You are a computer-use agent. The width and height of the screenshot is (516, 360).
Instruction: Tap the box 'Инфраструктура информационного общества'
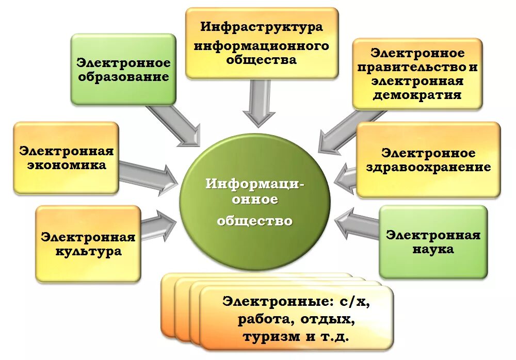point(262,43)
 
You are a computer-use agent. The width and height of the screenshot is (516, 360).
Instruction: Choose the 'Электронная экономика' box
point(66,158)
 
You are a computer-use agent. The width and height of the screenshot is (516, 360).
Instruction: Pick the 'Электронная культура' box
point(88,243)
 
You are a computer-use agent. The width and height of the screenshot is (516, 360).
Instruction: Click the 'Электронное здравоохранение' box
point(428,160)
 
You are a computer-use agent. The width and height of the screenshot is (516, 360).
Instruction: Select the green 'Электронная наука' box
point(433,242)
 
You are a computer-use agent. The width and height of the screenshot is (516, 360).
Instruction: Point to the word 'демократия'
point(417,95)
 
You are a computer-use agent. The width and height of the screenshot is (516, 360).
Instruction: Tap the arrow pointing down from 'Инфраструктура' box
point(259,104)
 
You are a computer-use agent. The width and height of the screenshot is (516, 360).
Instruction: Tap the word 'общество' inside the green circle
point(254,221)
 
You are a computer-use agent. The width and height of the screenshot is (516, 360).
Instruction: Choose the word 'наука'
point(433,249)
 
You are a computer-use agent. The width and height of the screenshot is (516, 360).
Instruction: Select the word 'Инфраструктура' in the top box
point(262,26)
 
